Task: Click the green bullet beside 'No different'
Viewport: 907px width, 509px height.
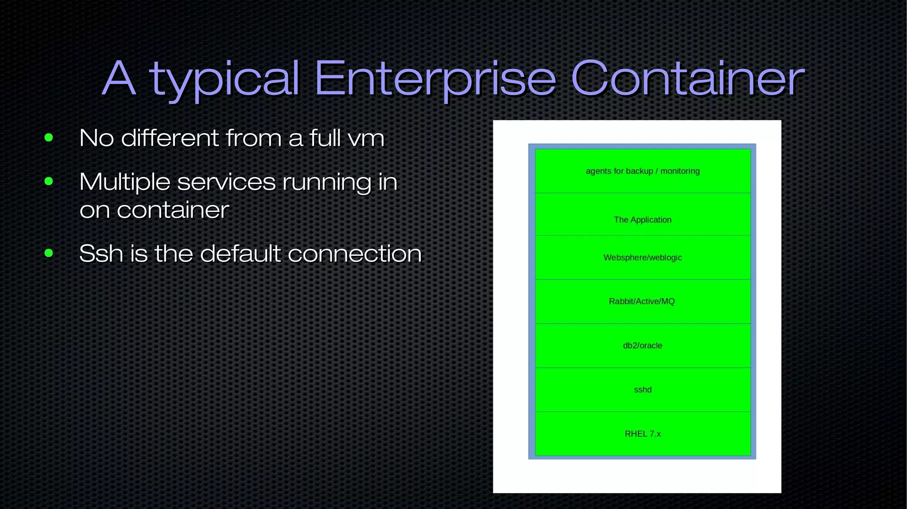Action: pos(49,138)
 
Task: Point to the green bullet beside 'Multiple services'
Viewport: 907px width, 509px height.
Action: pos(49,181)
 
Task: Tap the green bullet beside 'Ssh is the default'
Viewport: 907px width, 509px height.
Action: pos(49,253)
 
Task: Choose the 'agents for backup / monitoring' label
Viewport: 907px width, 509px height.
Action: pos(643,171)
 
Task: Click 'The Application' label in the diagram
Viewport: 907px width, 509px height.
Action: pos(643,220)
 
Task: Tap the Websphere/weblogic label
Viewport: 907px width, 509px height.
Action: pos(643,257)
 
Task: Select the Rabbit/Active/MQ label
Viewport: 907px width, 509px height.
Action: pos(642,301)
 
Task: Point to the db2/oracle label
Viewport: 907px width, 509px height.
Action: pos(643,345)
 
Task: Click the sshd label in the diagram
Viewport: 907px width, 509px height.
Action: pos(643,389)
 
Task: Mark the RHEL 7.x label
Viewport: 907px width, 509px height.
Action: pos(643,434)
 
